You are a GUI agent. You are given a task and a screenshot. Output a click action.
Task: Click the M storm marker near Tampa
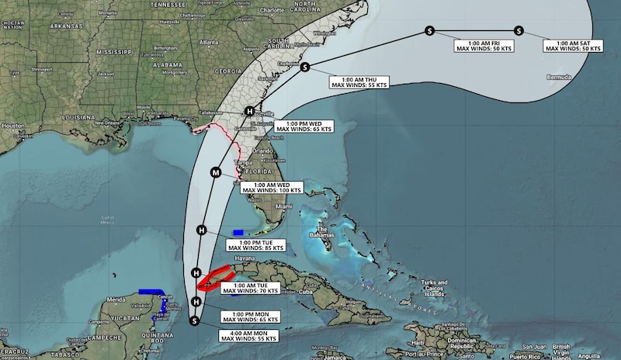[x=216, y=172]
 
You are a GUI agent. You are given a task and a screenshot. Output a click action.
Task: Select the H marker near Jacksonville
[x=249, y=111]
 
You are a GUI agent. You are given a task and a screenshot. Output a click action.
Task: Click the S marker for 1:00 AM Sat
[x=519, y=31]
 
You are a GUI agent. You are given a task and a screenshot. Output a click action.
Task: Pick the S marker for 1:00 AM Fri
[x=429, y=31]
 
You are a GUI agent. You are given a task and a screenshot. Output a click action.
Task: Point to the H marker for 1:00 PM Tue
[x=201, y=230]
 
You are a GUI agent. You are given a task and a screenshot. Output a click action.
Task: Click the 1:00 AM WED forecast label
[x=269, y=186]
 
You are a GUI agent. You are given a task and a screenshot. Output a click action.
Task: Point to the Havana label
[x=223, y=258]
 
